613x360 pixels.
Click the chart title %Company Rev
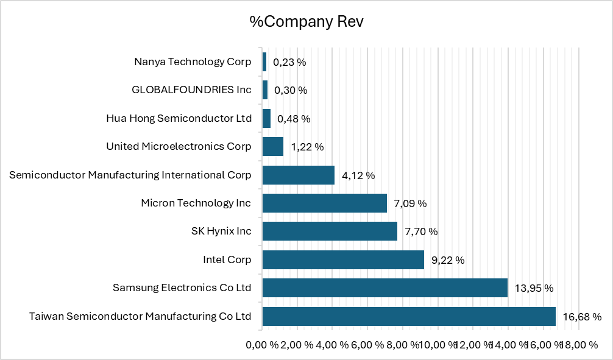coord(306,22)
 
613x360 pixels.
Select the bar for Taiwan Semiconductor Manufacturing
coord(409,316)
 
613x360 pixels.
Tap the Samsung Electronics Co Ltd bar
coord(384,288)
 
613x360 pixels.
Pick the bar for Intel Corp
coord(343,259)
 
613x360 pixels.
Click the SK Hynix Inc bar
coord(330,231)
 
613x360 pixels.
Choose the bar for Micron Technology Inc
coord(324,203)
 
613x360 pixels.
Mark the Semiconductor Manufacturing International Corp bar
coord(298,175)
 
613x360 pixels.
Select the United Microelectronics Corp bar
coord(272,146)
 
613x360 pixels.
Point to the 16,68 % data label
coord(581,317)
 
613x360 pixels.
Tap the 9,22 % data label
coord(448,260)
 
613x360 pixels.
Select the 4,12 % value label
coord(358,175)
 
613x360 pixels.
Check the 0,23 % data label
coord(289,62)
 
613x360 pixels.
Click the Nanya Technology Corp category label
coord(193,62)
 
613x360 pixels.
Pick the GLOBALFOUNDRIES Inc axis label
coord(191,90)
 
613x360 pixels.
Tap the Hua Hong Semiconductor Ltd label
coord(179,118)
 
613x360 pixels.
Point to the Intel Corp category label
coord(227,259)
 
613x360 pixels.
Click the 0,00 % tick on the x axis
coord(261,345)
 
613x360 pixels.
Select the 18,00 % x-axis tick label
coord(578,345)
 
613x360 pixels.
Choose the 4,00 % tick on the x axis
coord(331,345)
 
